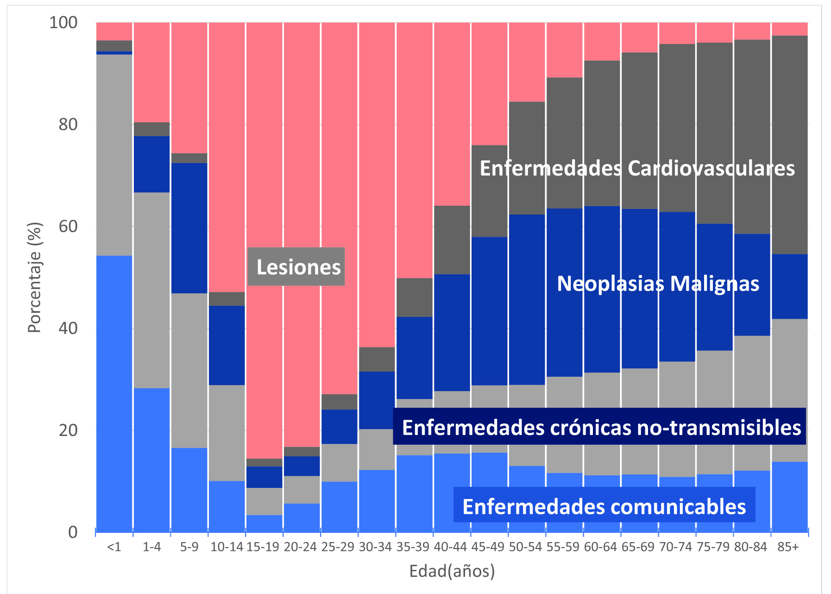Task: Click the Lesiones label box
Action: pos(296,267)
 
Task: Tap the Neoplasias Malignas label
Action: pos(658,284)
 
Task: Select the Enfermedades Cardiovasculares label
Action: pos(637,168)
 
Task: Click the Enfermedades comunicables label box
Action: pos(604,506)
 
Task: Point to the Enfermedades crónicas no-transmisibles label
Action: pos(601,427)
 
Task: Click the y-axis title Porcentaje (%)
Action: pos(35,278)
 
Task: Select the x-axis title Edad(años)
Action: pos(452,571)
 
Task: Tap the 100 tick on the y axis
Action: pos(63,22)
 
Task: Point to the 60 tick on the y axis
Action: pos(68,226)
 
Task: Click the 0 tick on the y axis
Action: pos(73,532)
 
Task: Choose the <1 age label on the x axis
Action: pos(114,547)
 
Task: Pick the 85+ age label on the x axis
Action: pos(788,547)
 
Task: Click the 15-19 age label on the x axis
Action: pos(263,547)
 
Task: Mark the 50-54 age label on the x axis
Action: pos(525,547)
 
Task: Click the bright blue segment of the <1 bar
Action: pos(114,394)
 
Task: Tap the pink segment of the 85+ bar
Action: pos(790,29)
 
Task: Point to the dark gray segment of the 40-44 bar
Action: pos(452,240)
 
